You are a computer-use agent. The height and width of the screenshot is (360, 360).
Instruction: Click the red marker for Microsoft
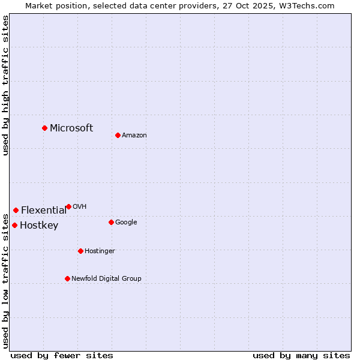44,128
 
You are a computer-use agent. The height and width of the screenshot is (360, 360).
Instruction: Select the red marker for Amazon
118,135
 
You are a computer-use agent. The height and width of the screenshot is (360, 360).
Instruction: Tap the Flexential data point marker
16,210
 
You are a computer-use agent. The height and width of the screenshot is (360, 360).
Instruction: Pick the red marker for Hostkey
14,225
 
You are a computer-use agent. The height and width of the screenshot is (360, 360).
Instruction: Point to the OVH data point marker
68,206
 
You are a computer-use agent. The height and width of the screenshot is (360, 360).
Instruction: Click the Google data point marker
111,222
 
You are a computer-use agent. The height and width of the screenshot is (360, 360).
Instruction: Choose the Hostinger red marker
80,251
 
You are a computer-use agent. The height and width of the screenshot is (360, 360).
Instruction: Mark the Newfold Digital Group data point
67,278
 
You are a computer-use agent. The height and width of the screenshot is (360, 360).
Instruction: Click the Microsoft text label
71,128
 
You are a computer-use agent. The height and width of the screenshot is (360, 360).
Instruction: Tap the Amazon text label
134,135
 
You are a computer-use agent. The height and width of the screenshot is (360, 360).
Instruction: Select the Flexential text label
44,210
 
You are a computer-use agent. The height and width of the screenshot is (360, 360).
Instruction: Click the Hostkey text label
39,226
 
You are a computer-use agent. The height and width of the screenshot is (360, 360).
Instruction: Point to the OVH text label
80,206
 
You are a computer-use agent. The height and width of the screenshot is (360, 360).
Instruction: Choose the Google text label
126,222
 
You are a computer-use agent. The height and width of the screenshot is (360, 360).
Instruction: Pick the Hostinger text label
100,251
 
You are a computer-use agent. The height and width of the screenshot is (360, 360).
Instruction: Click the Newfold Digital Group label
106,278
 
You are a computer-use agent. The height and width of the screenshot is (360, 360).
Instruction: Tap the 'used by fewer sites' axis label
62,355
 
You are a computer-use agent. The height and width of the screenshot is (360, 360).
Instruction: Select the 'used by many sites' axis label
301,355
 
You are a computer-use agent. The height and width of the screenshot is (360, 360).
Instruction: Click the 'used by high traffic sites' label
5,85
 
